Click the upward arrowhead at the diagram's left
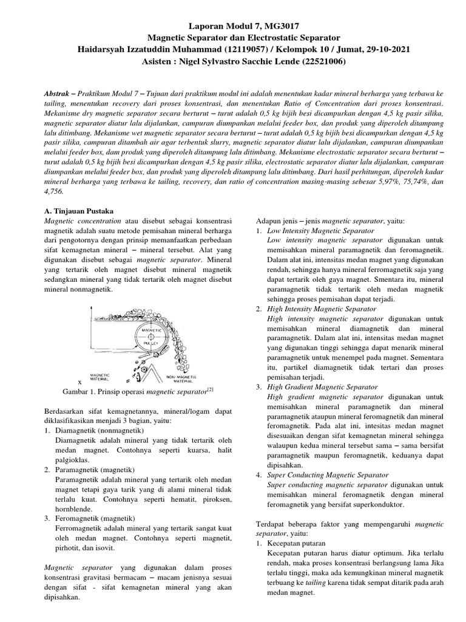91,310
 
